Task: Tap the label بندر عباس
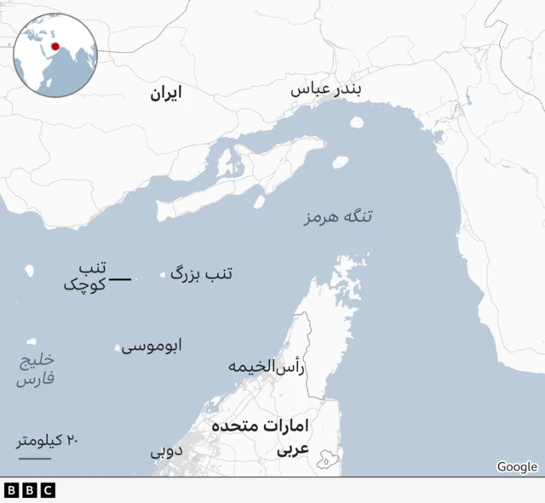click(x=326, y=90)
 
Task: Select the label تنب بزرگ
click(x=202, y=273)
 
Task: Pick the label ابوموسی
click(x=152, y=346)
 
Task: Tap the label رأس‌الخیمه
click(x=267, y=367)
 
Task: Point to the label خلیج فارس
click(x=36, y=370)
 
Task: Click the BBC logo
click(x=29, y=490)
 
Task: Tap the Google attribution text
click(x=517, y=466)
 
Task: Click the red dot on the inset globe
click(x=55, y=47)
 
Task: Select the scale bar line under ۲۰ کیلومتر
click(x=34, y=459)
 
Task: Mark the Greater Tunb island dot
click(x=163, y=275)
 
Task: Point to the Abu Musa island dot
click(x=118, y=347)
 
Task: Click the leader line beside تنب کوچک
click(x=120, y=279)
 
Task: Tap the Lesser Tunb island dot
click(x=135, y=279)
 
